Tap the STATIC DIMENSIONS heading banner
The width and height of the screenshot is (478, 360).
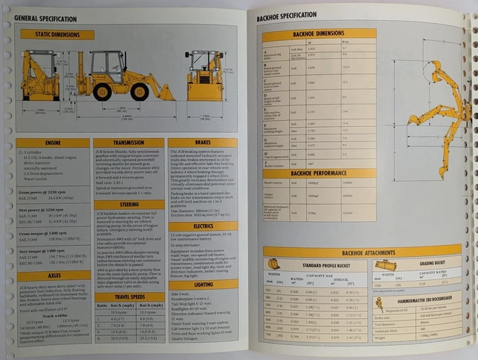click(57, 34)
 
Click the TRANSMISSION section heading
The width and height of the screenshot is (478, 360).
click(128, 143)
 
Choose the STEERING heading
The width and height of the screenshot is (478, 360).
click(128, 205)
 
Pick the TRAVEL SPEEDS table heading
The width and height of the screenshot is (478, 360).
click(128, 296)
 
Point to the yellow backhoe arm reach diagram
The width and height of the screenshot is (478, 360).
click(437, 105)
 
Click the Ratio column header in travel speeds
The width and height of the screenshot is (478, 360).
click(101, 306)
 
